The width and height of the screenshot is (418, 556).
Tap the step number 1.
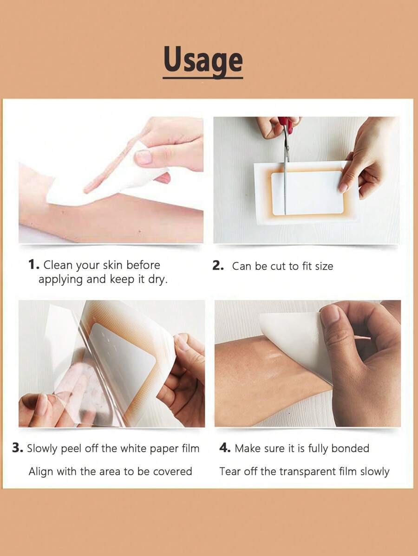coord(33,265)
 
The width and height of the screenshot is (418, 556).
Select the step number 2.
coord(218,266)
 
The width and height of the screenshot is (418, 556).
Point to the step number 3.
coord(17,448)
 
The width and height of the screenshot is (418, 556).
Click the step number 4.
coord(225,448)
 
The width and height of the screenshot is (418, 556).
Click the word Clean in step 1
coord(58,265)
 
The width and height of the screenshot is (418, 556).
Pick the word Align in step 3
coord(41,472)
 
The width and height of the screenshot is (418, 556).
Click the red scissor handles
coord(286,123)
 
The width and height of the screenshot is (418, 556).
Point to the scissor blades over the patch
coord(286,176)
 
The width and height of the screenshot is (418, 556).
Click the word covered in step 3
coord(172,472)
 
